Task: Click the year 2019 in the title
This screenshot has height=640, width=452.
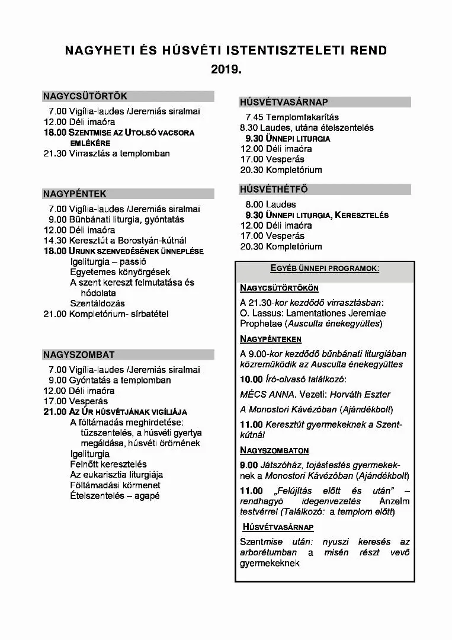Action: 226,69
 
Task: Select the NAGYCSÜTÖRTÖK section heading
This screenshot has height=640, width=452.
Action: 85,96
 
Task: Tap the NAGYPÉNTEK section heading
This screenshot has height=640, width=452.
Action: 75,194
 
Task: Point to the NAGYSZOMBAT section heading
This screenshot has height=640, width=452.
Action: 79,355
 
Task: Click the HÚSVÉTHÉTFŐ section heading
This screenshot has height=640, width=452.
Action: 274,190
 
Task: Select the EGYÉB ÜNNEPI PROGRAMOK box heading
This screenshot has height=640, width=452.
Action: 325,268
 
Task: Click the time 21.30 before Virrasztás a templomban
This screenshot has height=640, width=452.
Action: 55,153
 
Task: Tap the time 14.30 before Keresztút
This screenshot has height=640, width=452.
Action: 55,241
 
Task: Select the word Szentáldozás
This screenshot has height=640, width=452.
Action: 97,303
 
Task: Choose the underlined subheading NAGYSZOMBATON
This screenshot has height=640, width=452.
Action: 274,450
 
